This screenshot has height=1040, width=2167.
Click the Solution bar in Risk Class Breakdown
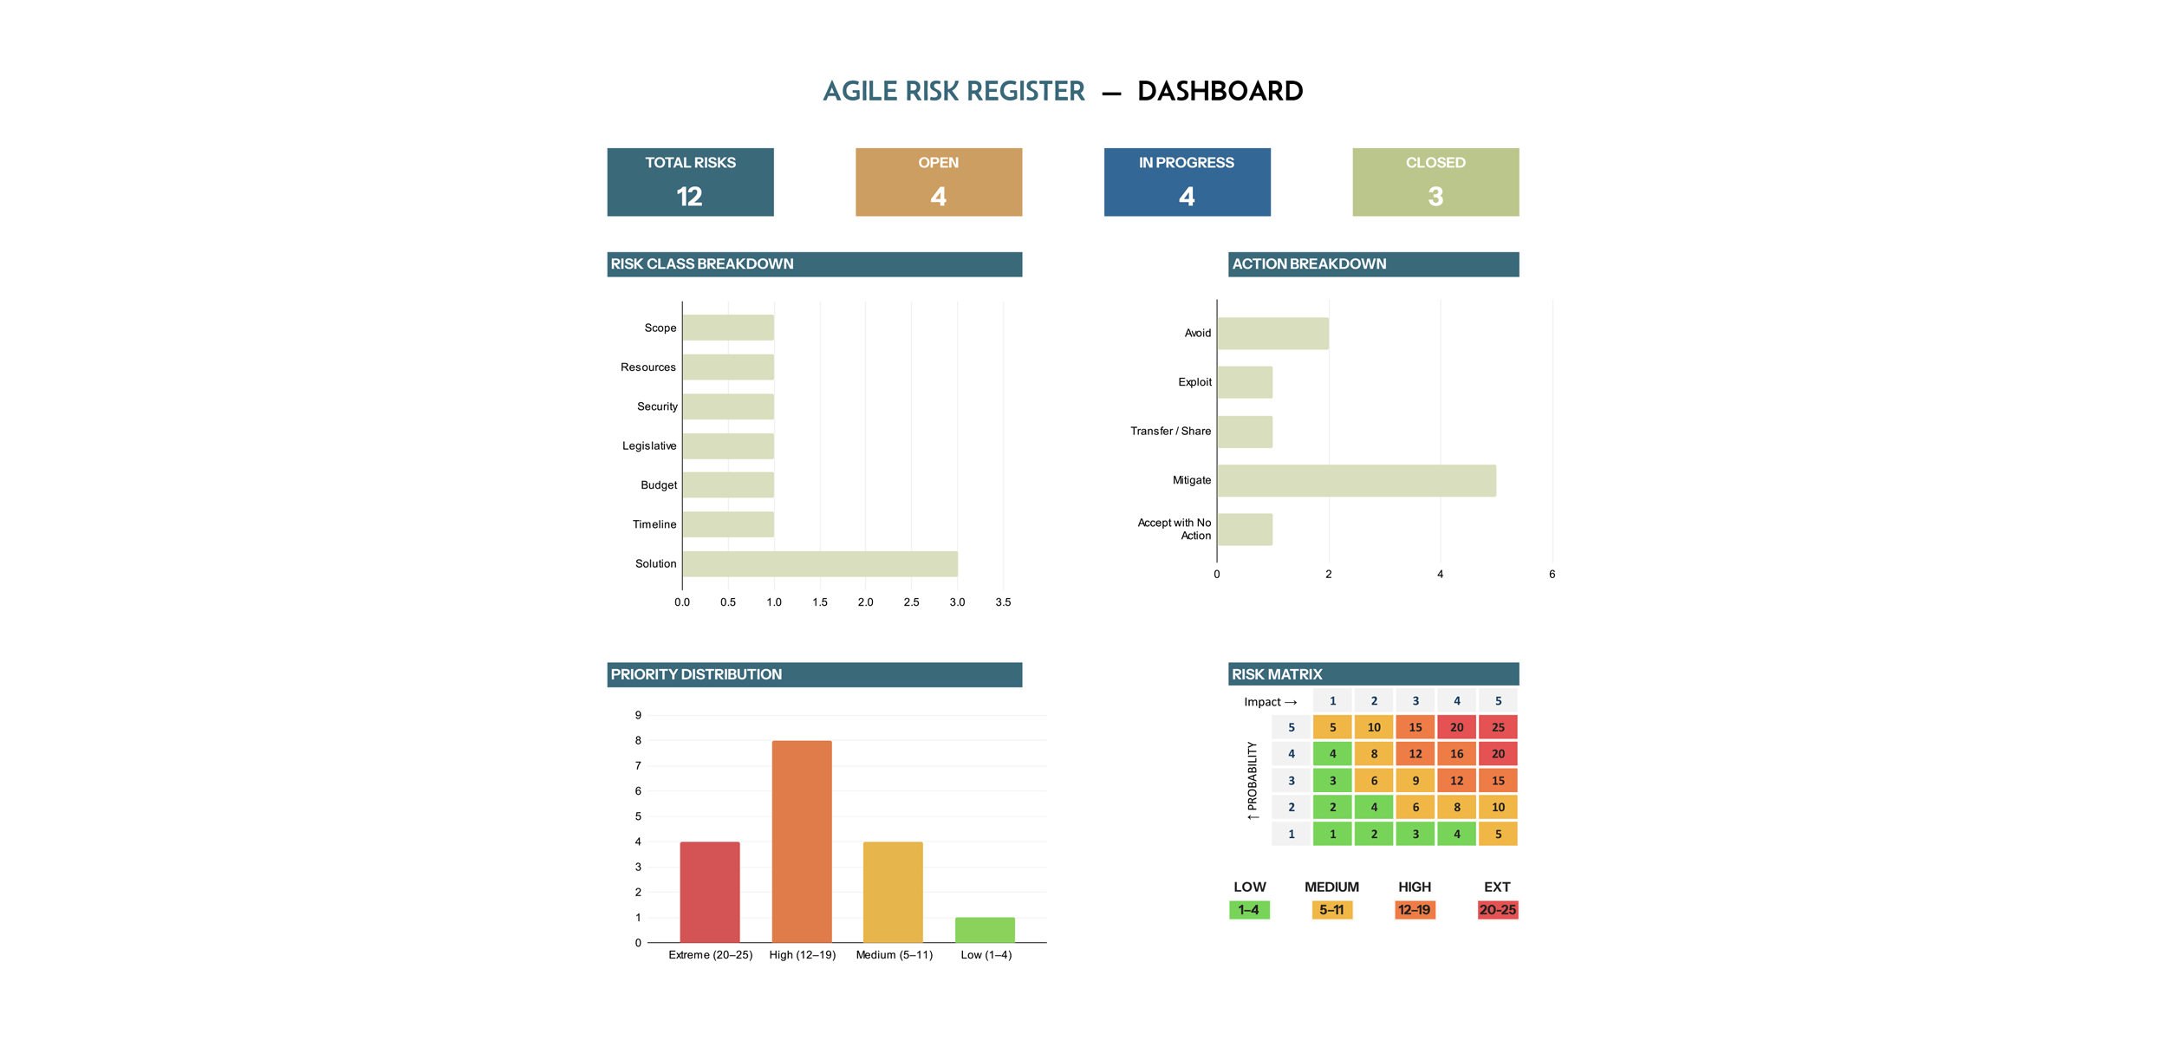coord(819,563)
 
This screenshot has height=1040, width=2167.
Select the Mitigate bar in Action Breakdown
coord(1356,480)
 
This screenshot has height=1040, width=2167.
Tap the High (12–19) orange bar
coord(802,841)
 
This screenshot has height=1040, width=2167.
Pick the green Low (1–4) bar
coord(985,929)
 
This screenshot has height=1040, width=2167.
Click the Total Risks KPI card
coord(690,182)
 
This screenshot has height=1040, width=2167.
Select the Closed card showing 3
coord(1435,182)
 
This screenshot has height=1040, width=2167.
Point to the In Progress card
coord(1187,182)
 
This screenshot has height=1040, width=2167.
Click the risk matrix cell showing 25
coord(1498,727)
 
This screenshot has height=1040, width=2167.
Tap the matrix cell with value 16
coord(1456,754)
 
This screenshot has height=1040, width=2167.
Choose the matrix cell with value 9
coord(1415,781)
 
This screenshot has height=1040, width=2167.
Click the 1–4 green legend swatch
coord(1249,910)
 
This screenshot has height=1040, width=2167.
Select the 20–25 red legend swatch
coord(1497,910)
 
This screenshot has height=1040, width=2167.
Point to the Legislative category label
coord(649,446)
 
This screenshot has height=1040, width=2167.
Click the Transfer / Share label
coord(1170,432)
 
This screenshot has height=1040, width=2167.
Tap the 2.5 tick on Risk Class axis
coord(911,602)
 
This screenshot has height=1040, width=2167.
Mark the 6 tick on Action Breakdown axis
coord(1552,575)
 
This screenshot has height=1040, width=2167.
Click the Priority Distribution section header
coord(814,674)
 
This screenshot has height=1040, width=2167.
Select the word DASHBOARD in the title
coord(1220,91)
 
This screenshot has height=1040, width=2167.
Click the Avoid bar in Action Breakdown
coord(1272,334)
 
